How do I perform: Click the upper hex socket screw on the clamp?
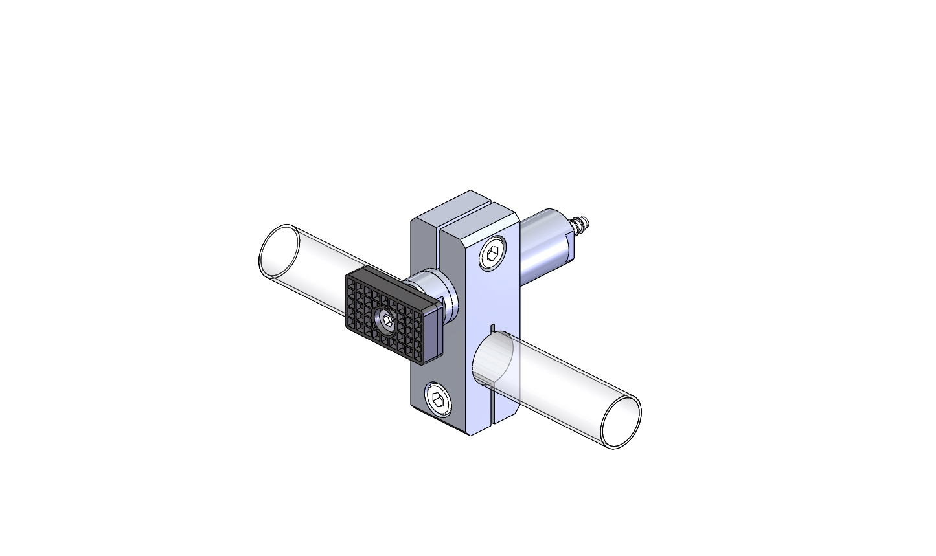tap(492, 253)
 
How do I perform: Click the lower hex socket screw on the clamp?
tap(437, 397)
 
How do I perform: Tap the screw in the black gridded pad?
tap(386, 320)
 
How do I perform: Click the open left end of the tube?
tap(279, 252)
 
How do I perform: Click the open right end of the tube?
tap(621, 421)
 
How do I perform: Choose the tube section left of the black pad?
tap(311, 272)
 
